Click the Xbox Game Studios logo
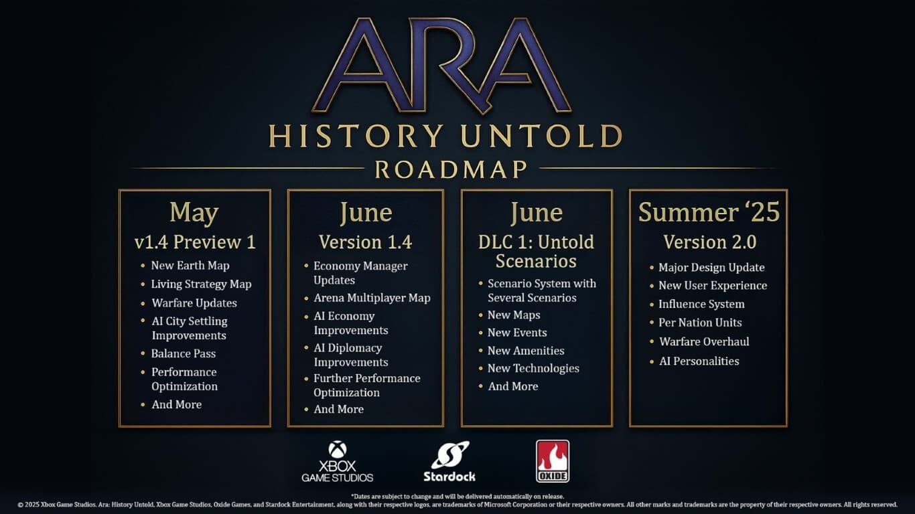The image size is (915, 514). click(338, 461)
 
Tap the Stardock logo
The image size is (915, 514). click(449, 461)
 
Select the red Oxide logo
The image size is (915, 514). click(553, 461)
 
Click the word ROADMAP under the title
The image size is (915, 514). click(451, 169)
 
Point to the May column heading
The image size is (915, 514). click(194, 213)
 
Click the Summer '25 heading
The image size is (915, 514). click(709, 212)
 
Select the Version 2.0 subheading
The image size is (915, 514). click(710, 242)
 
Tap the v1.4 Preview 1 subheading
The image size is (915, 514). click(195, 242)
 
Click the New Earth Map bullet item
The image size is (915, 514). click(190, 266)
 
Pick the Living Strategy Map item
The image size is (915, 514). click(202, 284)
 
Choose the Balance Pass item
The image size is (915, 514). click(184, 353)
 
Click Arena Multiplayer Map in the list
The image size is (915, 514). click(372, 298)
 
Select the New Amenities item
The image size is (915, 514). click(526, 351)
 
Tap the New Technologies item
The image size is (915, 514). click(533, 368)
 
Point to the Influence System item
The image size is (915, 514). click(701, 304)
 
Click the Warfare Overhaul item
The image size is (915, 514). click(704, 342)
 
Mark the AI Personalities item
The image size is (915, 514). click(699, 361)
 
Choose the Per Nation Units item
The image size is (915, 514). click(700, 323)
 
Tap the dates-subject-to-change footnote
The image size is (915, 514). click(457, 497)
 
